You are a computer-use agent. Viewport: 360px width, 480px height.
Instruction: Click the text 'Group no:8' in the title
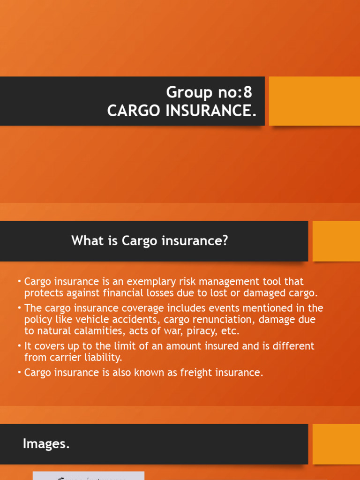click(x=209, y=92)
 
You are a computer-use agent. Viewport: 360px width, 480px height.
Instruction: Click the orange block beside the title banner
click(x=314, y=101)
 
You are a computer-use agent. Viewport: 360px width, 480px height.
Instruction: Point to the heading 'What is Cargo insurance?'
click(x=150, y=241)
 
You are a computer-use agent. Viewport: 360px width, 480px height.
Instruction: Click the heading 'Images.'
click(x=46, y=444)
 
